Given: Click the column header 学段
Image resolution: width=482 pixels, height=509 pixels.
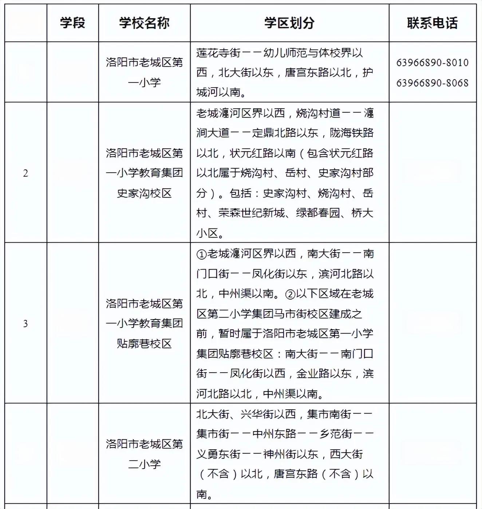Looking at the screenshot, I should (x=72, y=23).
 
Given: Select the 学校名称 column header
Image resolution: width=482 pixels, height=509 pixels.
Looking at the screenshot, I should (x=144, y=23).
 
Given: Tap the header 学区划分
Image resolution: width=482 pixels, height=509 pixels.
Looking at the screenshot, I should (x=289, y=23).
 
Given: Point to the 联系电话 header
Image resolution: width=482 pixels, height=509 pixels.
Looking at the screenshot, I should (x=432, y=23).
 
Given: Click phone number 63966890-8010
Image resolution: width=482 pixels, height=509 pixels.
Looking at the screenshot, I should (x=432, y=63).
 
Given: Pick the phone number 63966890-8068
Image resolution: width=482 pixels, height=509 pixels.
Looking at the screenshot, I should (x=432, y=83).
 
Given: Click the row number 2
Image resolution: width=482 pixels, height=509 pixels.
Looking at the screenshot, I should (x=25, y=173).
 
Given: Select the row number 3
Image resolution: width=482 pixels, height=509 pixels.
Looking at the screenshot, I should (x=25, y=324).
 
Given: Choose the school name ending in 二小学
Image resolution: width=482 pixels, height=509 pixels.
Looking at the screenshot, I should (x=144, y=454).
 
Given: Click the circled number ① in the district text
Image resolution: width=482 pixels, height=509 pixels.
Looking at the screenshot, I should (x=201, y=254).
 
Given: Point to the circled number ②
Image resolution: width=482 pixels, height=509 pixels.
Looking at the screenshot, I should (x=290, y=294).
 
